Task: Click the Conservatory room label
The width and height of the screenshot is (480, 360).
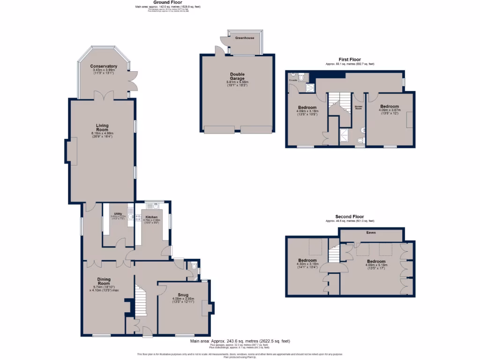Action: (104, 67)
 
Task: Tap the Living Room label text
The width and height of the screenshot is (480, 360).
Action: (102, 127)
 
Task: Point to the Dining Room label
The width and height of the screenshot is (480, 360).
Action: (104, 281)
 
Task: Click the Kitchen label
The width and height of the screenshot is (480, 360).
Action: (151, 217)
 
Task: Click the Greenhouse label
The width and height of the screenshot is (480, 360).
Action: (245, 37)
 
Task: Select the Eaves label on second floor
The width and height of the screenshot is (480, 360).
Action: (371, 232)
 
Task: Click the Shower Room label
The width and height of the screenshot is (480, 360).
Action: (359, 107)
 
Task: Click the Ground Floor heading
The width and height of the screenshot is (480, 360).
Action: (161, 2)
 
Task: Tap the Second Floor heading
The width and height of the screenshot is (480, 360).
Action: (349, 217)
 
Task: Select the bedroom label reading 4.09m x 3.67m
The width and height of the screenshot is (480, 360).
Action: (390, 106)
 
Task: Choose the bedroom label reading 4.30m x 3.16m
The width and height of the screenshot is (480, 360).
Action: (308, 261)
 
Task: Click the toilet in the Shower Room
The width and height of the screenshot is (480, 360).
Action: (360, 140)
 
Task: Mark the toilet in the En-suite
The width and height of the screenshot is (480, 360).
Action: (301, 78)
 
